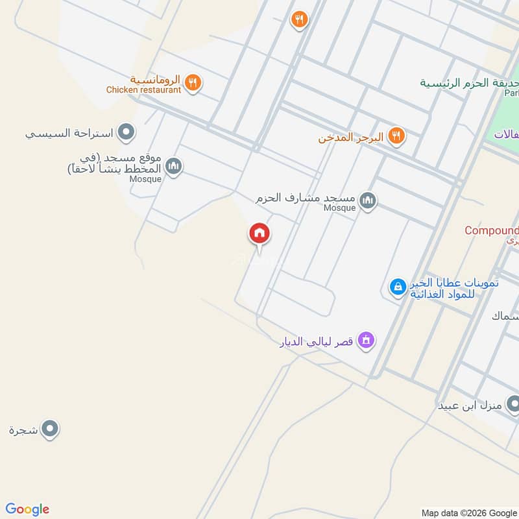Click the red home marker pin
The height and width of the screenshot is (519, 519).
[259, 234]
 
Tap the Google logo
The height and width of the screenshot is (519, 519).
[27, 509]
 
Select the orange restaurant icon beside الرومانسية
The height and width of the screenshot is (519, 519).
[192, 82]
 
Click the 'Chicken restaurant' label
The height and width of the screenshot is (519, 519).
[144, 90]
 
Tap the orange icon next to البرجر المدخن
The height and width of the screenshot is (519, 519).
[396, 136]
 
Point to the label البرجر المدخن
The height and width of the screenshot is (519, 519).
[351, 138]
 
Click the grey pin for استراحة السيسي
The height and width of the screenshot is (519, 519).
[127, 134]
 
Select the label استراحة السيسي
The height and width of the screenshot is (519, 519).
[69, 134]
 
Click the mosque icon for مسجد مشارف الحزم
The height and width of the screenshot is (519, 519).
[368, 200]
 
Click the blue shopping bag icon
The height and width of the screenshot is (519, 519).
[397, 286]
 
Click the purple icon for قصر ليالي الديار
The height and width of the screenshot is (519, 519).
[367, 340]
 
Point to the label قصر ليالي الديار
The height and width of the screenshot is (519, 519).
[312, 341]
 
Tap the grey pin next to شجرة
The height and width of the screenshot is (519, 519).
[50, 429]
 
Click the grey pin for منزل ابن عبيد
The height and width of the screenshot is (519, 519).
[513, 405]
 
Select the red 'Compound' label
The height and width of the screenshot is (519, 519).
[492, 230]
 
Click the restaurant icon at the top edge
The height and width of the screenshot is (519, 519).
[298, 19]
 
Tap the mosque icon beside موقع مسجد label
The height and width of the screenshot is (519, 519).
[173, 167]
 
